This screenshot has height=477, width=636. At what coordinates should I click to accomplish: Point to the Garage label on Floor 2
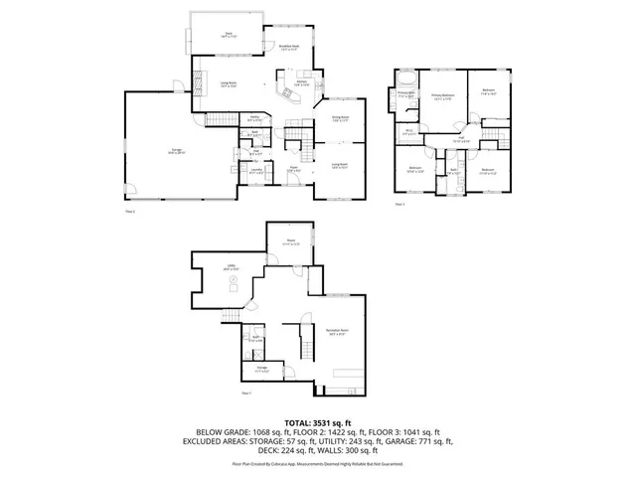175,152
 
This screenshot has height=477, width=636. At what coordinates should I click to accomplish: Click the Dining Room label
340,119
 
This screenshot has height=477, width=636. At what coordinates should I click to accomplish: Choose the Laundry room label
256,171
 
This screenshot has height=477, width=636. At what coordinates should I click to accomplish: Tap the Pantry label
227,118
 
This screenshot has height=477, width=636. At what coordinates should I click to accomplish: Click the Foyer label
294,169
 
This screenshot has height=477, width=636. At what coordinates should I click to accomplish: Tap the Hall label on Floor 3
461,138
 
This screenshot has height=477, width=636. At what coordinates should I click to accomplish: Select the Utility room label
231,266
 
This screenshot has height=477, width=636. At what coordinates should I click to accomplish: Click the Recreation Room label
335,331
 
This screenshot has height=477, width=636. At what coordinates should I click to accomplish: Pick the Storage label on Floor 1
262,369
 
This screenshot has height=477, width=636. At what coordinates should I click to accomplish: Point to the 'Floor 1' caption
245,396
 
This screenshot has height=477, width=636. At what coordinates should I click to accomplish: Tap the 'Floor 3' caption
399,204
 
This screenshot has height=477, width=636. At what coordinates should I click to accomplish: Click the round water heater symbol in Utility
234,283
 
